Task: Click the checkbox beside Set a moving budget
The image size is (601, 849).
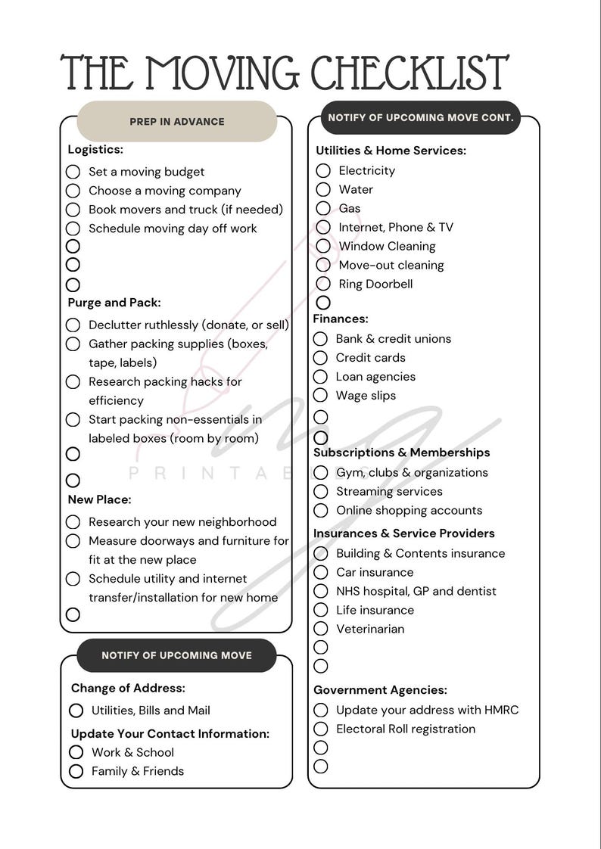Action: tap(73, 172)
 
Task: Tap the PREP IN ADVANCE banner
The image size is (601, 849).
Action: tap(177, 121)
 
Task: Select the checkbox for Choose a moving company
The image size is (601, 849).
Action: tap(73, 191)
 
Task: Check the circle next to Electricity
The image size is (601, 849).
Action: tap(323, 171)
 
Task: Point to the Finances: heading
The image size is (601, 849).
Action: tap(341, 319)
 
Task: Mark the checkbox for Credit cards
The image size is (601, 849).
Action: tap(320, 358)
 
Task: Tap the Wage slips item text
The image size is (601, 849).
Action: tap(366, 395)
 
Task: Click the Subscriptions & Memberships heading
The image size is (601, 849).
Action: tap(402, 452)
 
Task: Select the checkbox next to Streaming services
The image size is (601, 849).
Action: tap(320, 492)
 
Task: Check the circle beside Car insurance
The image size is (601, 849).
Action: tap(320, 573)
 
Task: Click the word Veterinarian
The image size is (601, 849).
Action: tap(370, 629)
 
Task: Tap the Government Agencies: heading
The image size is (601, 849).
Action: tap(380, 690)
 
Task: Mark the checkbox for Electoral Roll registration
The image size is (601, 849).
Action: tap(320, 729)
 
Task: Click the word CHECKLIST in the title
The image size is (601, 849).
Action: tap(409, 73)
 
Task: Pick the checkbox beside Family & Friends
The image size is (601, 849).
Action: tap(76, 771)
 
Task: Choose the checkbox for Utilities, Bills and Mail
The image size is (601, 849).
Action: tap(76, 711)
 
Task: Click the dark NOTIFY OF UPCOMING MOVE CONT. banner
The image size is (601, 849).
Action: tap(420, 118)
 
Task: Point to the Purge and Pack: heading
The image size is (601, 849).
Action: tap(114, 303)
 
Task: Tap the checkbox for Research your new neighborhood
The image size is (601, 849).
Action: tap(73, 522)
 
